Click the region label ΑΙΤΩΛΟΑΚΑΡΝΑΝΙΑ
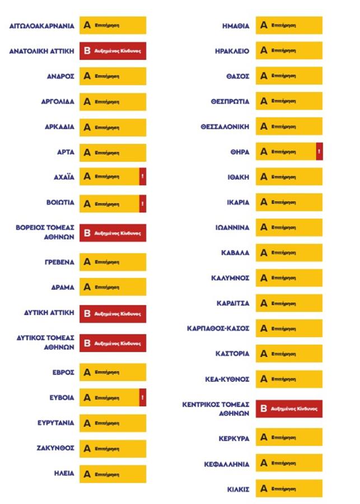click(x=42, y=26)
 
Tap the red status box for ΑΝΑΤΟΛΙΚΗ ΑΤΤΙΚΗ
click(x=113, y=50)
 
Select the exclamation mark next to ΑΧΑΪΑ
click(x=143, y=176)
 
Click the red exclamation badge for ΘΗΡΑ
click(x=319, y=151)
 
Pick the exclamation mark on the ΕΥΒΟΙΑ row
click(x=143, y=398)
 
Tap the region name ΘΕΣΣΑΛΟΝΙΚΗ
click(x=225, y=127)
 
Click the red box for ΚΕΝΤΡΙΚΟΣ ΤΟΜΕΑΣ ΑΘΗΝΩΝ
click(x=289, y=409)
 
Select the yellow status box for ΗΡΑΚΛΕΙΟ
click(x=289, y=50)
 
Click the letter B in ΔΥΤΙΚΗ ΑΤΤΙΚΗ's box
click(x=87, y=314)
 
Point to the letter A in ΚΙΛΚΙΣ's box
click(x=263, y=488)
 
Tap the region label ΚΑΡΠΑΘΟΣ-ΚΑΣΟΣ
click(x=218, y=329)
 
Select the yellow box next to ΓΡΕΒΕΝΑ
click(x=113, y=262)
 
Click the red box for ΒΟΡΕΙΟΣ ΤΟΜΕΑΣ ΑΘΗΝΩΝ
click(x=113, y=232)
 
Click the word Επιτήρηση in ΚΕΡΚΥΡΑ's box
click(x=283, y=438)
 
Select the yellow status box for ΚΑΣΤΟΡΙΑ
click(x=289, y=354)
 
